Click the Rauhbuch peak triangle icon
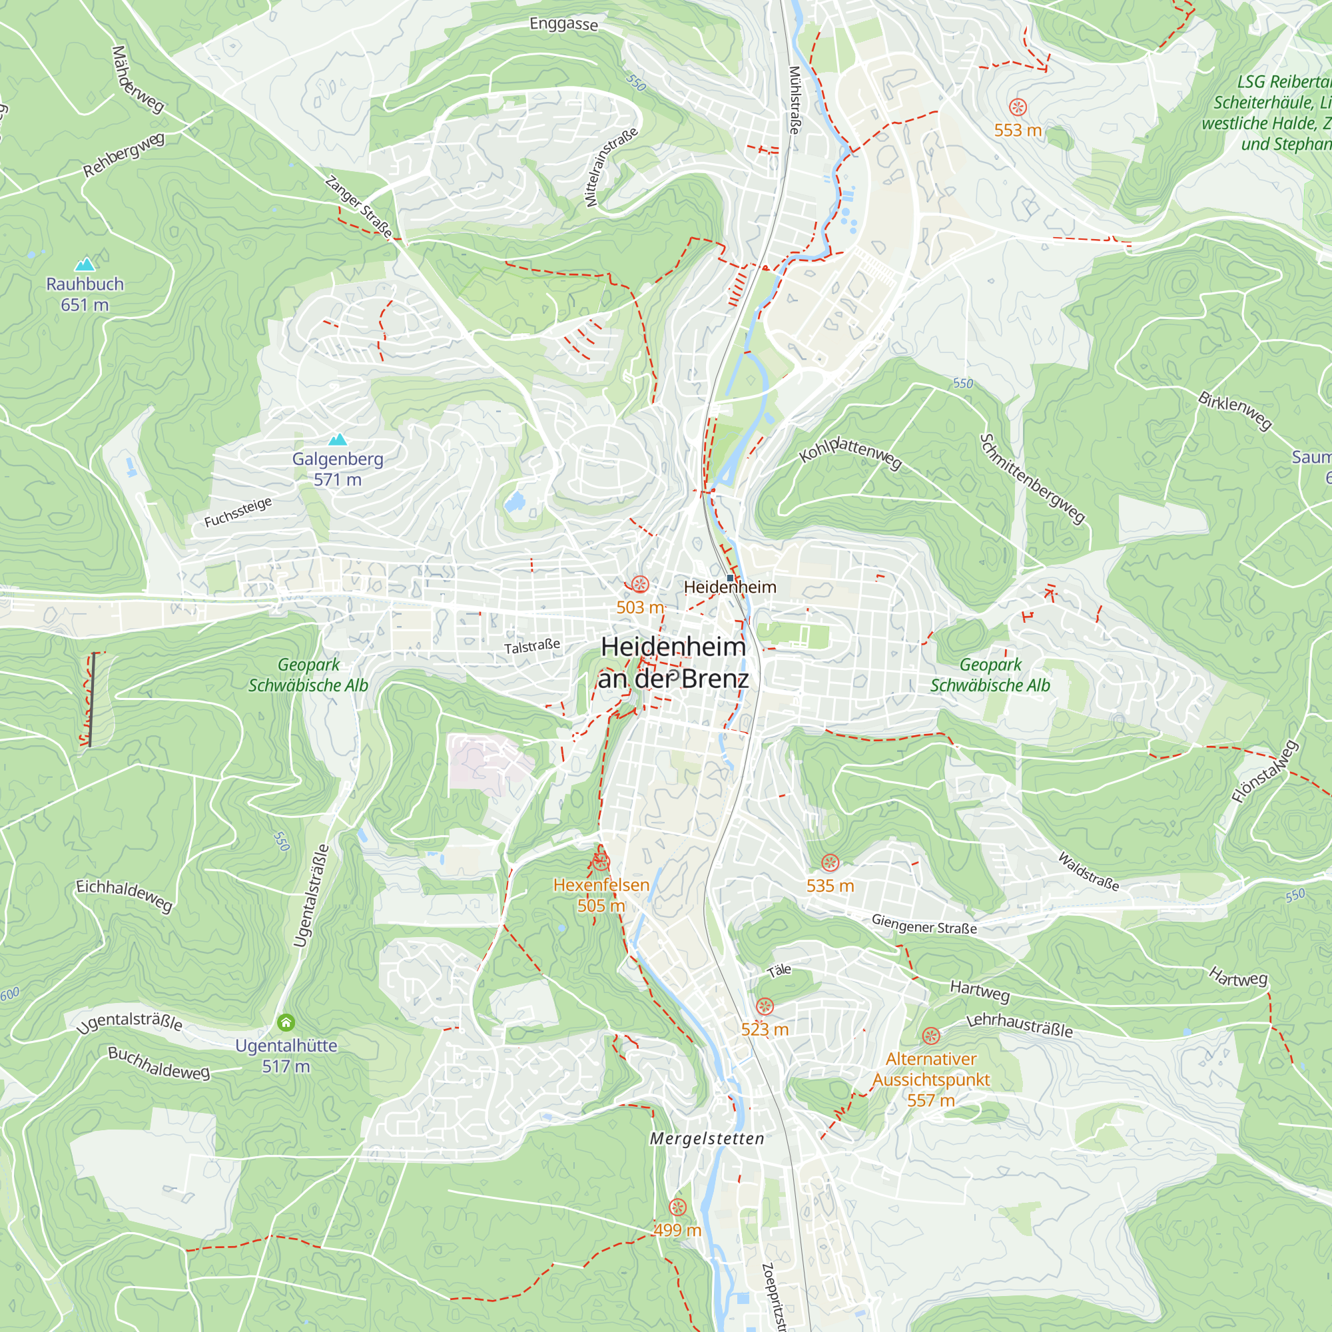point(84,264)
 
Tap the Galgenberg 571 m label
point(337,469)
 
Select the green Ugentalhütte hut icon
point(286,1022)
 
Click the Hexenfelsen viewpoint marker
point(601,862)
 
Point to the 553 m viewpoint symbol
point(1018,107)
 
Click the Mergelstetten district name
point(707,1138)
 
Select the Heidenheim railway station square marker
point(730,577)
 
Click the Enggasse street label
point(563,24)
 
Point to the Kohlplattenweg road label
point(849,452)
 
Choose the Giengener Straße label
point(923,924)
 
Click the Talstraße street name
point(531,647)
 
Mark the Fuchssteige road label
point(238,512)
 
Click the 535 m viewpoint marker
point(830,862)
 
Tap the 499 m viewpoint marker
point(678,1207)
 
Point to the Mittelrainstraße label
point(611,167)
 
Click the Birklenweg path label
point(1234,410)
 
